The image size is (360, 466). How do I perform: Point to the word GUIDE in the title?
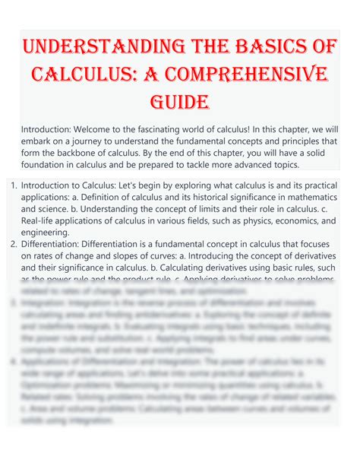click(x=180, y=102)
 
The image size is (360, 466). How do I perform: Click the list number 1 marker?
click(x=13, y=185)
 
